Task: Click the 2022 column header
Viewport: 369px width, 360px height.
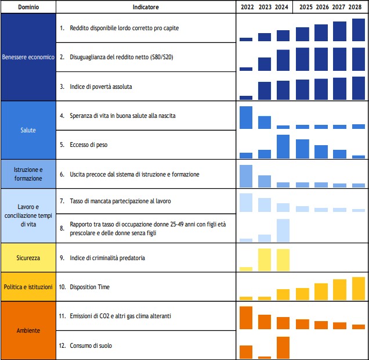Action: [246, 7]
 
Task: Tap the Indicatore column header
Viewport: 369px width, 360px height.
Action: [146, 7]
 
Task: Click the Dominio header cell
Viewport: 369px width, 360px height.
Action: [28, 7]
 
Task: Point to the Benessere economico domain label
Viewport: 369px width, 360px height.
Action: [28, 57]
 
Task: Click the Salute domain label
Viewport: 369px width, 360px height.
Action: [28, 130]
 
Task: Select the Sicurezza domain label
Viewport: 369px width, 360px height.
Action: [28, 257]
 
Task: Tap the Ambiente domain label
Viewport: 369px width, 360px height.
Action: [28, 330]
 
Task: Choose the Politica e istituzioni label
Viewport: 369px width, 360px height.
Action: [28, 287]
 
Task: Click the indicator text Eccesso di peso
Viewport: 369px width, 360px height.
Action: [86, 145]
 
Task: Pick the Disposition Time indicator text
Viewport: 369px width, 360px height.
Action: [90, 287]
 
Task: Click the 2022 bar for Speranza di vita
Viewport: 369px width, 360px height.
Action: [246, 117]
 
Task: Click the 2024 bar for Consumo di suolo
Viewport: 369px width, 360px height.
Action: [283, 347]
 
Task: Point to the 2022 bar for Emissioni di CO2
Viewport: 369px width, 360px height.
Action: [246, 318]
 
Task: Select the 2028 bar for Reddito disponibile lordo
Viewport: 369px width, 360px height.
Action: [359, 30]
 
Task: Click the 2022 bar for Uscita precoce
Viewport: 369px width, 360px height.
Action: [246, 176]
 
